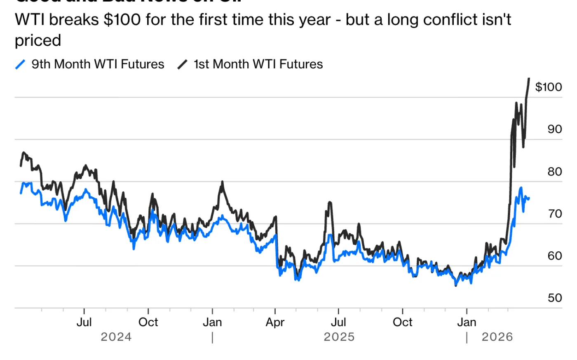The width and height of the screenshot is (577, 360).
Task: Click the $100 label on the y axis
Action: coord(548,87)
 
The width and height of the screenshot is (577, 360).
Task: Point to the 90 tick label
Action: coord(555,129)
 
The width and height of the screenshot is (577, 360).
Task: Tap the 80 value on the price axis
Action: coord(555,171)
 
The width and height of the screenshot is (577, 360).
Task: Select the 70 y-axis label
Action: coord(555,214)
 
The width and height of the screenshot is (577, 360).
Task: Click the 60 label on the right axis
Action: coord(555,256)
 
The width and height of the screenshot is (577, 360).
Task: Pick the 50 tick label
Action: coord(555,298)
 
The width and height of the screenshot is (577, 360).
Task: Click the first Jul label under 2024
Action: coord(84,322)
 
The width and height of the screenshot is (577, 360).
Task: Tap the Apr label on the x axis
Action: coord(275,322)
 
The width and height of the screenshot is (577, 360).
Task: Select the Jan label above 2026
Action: coord(467,322)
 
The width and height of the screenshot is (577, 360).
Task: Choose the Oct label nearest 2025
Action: coord(402,322)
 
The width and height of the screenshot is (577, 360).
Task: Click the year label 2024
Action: coord(116,337)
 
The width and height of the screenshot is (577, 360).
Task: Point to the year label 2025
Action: coord(339,337)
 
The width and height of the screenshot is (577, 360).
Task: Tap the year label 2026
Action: coord(497,337)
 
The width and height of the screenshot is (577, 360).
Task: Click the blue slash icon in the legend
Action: coord(20,64)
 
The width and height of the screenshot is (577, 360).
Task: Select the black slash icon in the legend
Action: coord(182,64)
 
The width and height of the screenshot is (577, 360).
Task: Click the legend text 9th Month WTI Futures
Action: coord(98,64)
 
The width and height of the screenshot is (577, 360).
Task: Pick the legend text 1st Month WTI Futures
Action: coord(258,64)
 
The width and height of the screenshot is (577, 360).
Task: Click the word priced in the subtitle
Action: coord(38,40)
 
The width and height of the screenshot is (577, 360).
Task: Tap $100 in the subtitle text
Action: coord(122,19)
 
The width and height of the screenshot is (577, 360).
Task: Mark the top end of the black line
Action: coord(529,79)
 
